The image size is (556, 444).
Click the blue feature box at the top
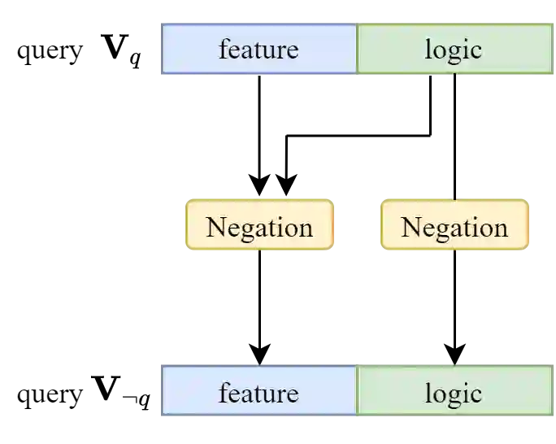tap(258, 50)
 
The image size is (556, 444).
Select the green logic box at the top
tap(454, 50)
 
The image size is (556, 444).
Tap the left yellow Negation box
tap(259, 225)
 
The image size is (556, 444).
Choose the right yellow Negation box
tap(454, 225)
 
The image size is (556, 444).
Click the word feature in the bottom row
tap(258, 394)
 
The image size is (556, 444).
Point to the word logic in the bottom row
tap(454, 394)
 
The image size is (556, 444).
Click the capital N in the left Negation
tap(215, 227)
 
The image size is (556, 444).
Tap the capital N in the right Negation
tap(410, 227)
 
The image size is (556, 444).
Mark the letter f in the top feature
tap(224, 49)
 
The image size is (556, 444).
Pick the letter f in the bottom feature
tap(224, 393)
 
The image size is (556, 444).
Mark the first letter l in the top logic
tap(428, 49)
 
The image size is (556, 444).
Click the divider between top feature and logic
tap(356, 50)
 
